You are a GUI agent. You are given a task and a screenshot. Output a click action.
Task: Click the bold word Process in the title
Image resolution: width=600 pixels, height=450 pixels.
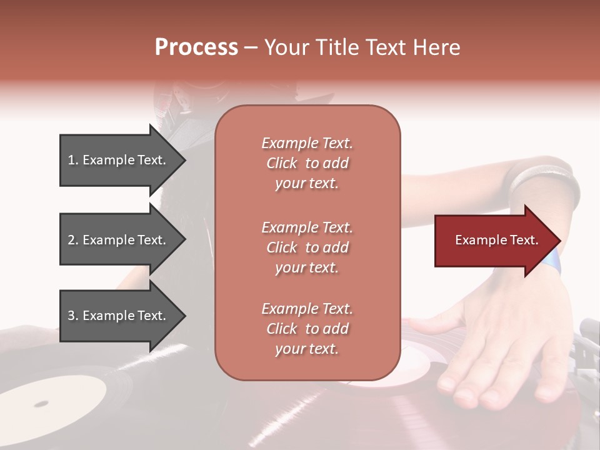pos(196,47)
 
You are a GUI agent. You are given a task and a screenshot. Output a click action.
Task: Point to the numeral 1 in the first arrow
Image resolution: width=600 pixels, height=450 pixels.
pos(71,160)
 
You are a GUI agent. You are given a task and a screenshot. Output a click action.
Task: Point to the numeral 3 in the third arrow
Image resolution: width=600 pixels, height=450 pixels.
pos(71,316)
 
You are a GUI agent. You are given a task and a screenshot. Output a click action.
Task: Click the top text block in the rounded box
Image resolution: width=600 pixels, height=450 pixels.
pos(307,163)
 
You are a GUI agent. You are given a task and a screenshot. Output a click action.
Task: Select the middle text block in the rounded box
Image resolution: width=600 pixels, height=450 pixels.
pos(307,247)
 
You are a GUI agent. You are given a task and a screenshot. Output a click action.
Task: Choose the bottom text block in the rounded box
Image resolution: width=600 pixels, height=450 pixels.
pos(307,329)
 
